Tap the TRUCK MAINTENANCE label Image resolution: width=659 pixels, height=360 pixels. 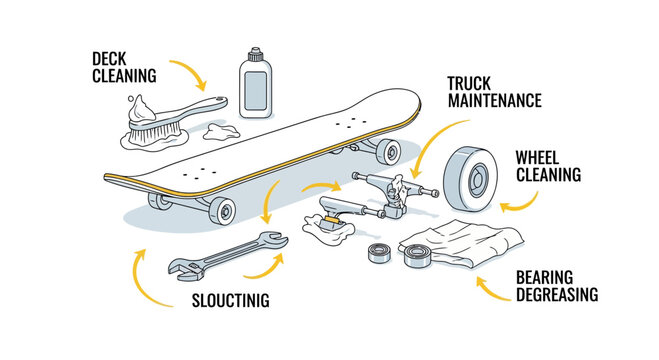[494, 91]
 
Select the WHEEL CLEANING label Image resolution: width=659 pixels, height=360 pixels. [547, 165]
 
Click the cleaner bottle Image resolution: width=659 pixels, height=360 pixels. [255, 79]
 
